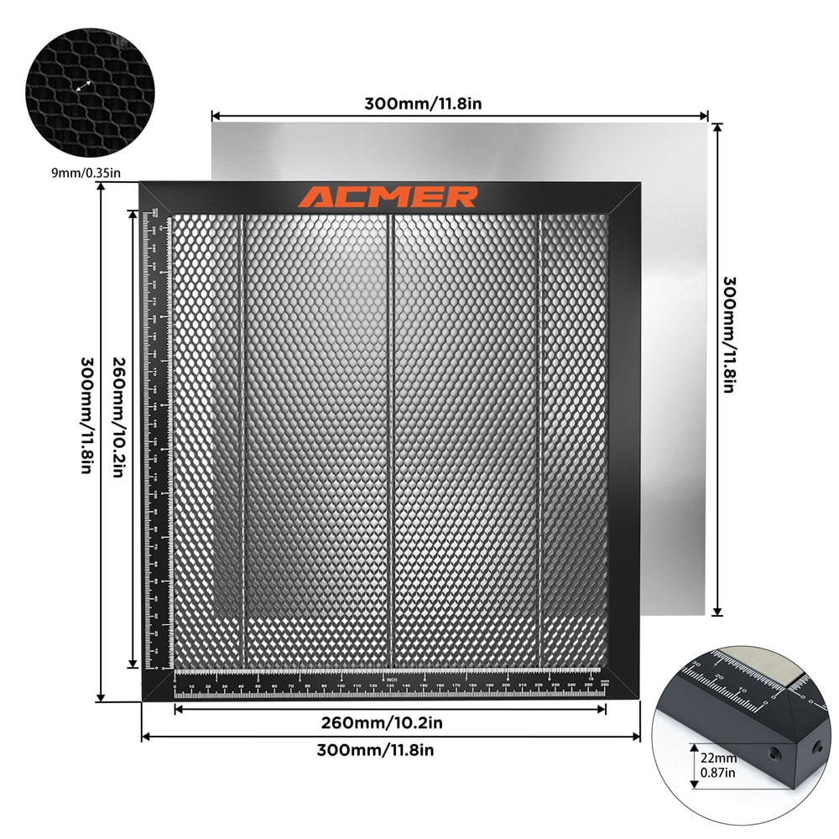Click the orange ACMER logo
coord(388,197)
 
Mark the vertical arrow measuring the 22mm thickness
coord(694,765)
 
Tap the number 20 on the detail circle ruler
coord(718,674)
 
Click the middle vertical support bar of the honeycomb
coord(390,436)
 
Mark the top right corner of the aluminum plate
coord(707,122)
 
